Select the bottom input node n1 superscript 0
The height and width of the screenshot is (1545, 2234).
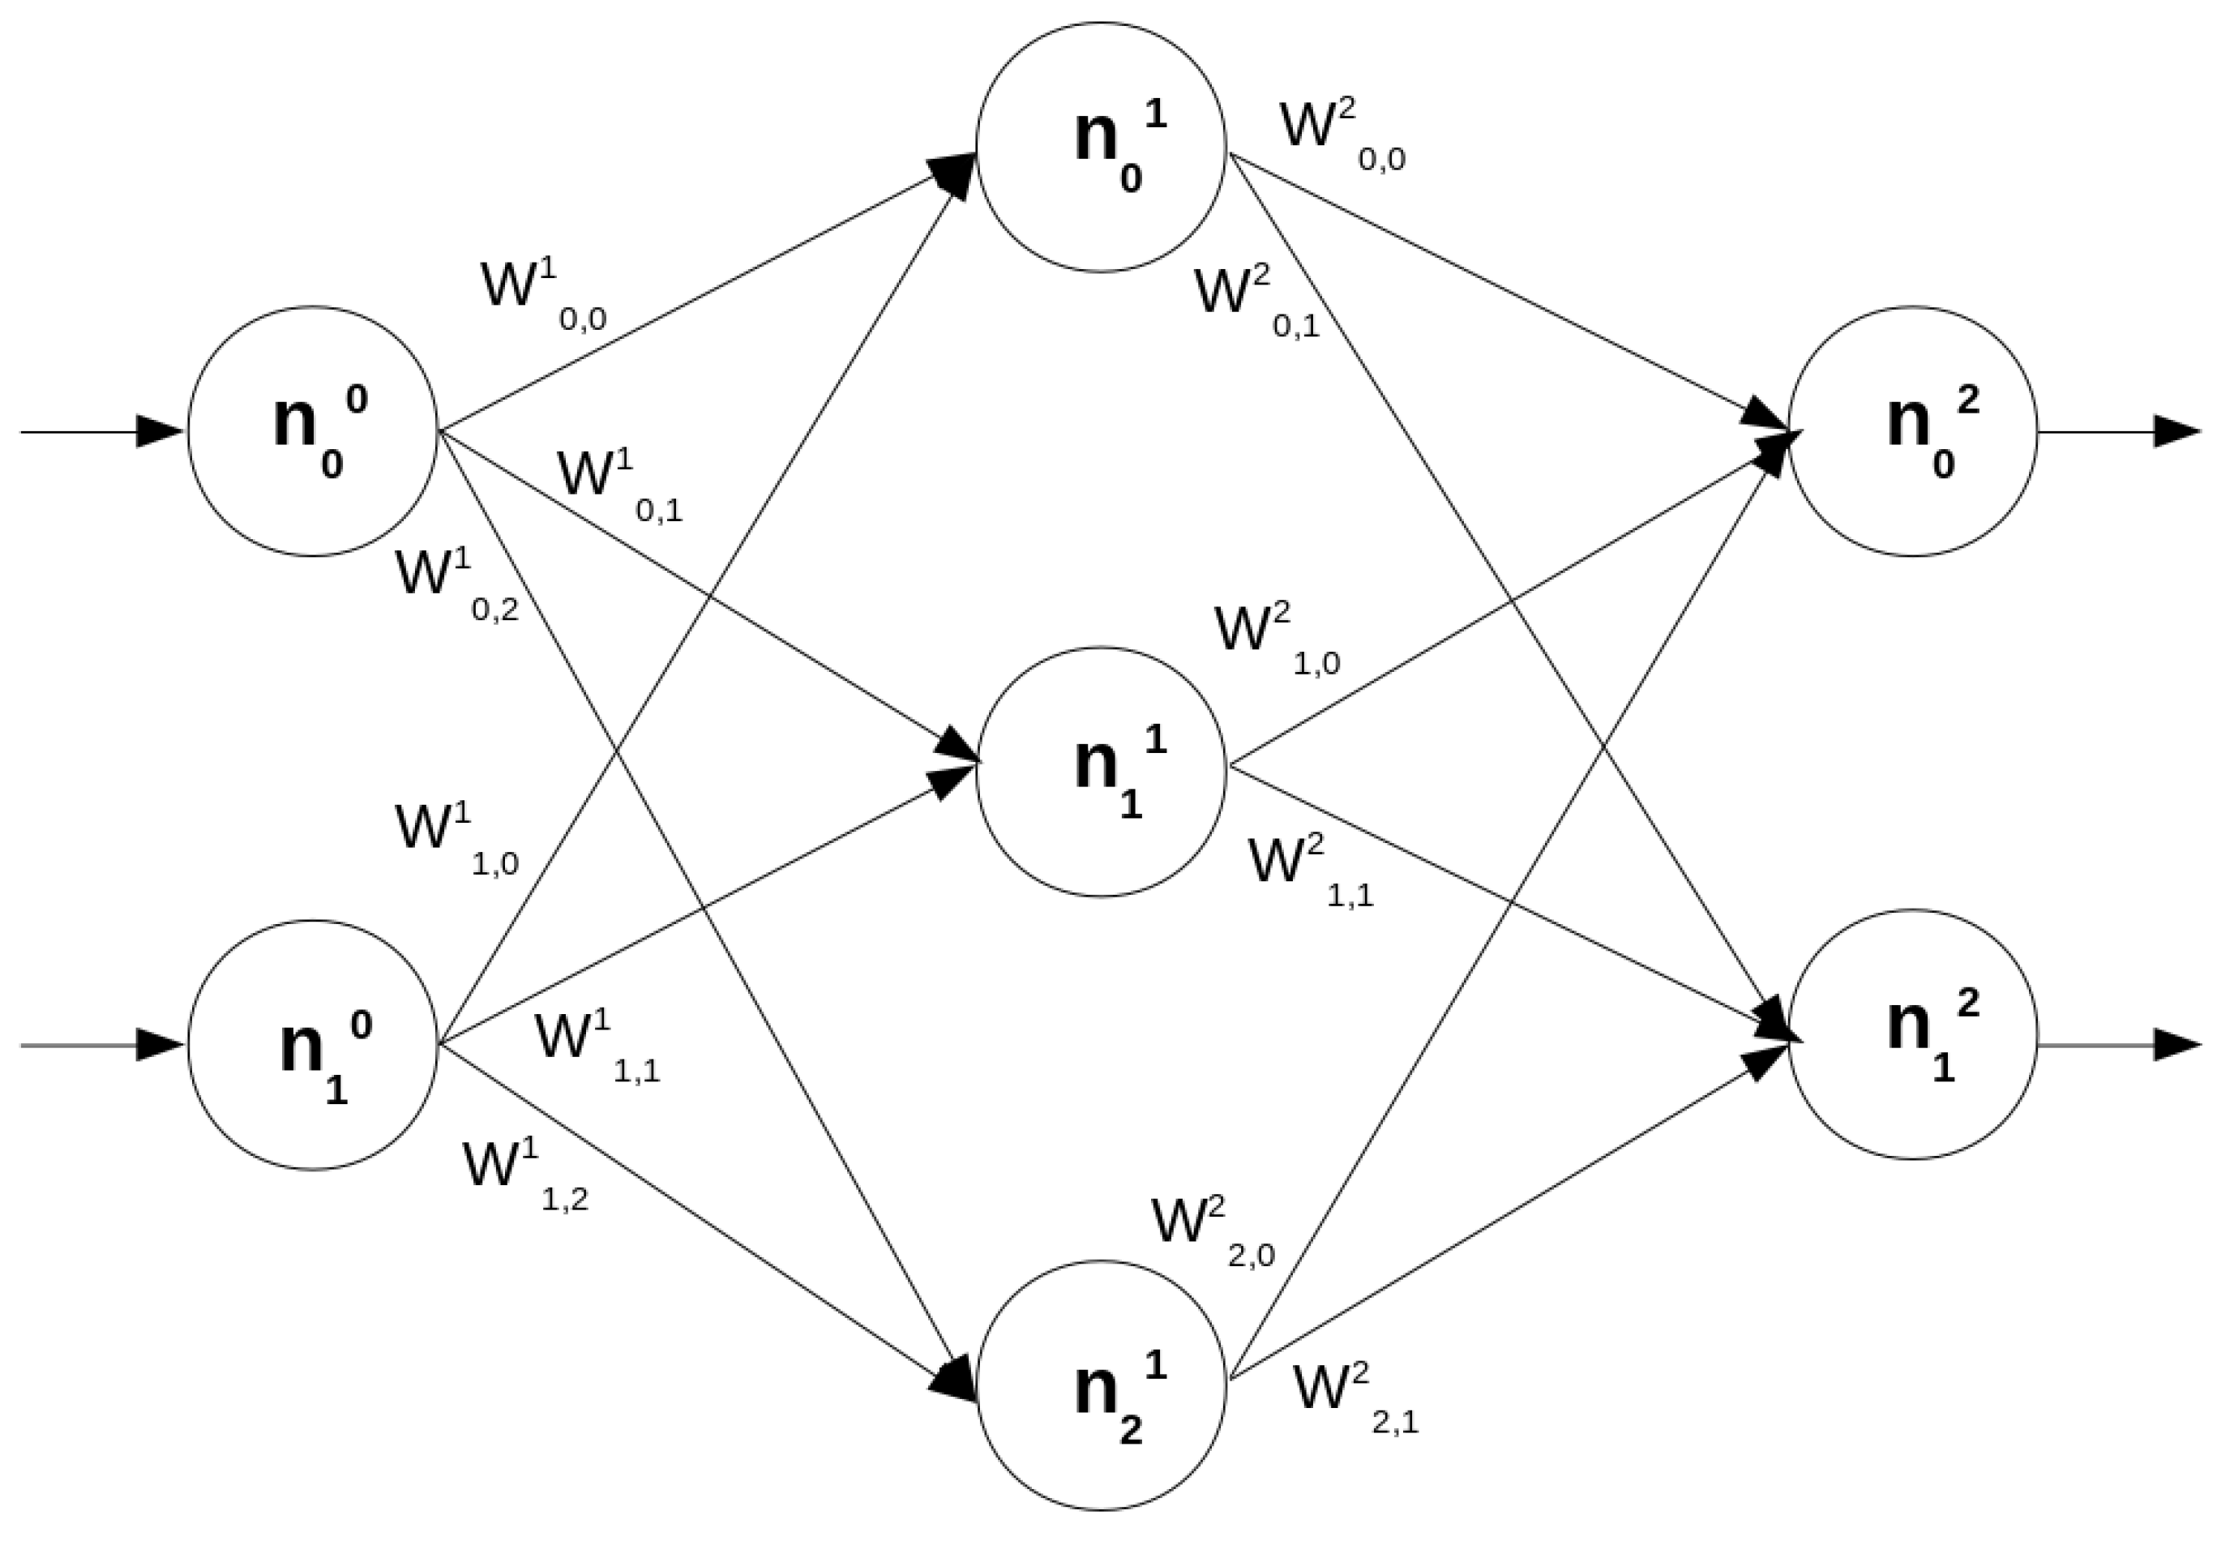point(312,1045)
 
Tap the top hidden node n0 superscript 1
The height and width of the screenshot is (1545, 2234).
point(1101,146)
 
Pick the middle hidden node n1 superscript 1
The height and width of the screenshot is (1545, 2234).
point(1101,772)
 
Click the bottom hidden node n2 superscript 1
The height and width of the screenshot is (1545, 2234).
point(1101,1385)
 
